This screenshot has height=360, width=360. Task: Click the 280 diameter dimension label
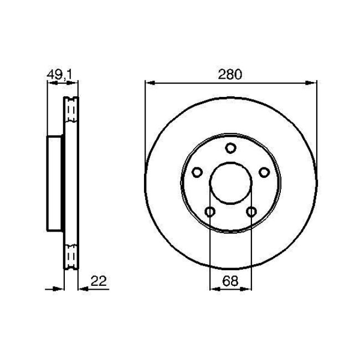pos(230,75)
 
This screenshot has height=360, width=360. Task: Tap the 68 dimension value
pos(230,281)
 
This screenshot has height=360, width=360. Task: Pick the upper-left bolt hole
pos(197,172)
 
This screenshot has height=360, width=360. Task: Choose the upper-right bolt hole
pos(265,172)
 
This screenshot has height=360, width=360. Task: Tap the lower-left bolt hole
pos(210,212)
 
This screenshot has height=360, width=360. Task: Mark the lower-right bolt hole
pos(252,212)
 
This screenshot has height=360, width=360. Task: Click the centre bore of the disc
pos(231,183)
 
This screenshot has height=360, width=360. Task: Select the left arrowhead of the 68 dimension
pos(213,288)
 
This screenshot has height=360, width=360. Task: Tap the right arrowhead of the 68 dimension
pos(249,288)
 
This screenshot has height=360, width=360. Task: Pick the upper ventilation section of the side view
pos(71,114)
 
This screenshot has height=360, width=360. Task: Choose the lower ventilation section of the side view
pos(71,253)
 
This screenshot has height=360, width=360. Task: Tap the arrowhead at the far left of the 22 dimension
pos(61,288)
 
